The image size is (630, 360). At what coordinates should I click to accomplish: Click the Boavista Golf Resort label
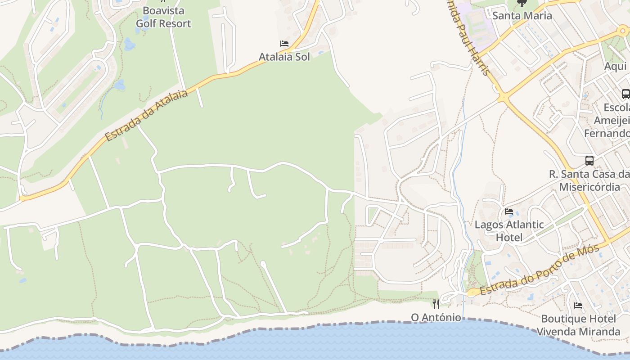click(x=163, y=17)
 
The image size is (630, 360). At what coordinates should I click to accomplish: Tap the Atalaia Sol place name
click(x=284, y=57)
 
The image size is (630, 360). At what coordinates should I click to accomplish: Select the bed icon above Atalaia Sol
click(x=284, y=44)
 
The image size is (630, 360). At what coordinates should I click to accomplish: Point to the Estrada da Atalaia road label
click(x=146, y=115)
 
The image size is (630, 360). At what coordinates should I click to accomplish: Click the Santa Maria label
click(x=522, y=16)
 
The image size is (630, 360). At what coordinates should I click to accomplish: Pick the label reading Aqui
click(x=615, y=66)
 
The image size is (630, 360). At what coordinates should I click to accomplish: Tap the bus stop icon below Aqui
click(x=625, y=94)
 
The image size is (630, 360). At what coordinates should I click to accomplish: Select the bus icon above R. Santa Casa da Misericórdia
click(x=589, y=160)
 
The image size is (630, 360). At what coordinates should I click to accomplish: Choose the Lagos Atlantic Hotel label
click(x=509, y=231)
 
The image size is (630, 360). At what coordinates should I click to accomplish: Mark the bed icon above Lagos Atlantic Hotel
click(x=509, y=211)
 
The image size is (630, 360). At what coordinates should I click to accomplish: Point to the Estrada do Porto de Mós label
click(x=540, y=270)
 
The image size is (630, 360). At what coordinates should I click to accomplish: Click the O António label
click(x=436, y=318)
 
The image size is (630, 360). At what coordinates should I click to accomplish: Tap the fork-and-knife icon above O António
click(x=436, y=304)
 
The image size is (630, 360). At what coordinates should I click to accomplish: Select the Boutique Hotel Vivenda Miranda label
click(x=578, y=325)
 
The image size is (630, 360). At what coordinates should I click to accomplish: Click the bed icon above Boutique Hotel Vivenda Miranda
click(x=578, y=306)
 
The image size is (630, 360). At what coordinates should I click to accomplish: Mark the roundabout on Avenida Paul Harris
click(x=503, y=97)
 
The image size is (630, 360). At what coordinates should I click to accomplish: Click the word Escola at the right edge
click(x=616, y=108)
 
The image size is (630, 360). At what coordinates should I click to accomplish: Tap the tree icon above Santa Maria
click(x=522, y=3)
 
